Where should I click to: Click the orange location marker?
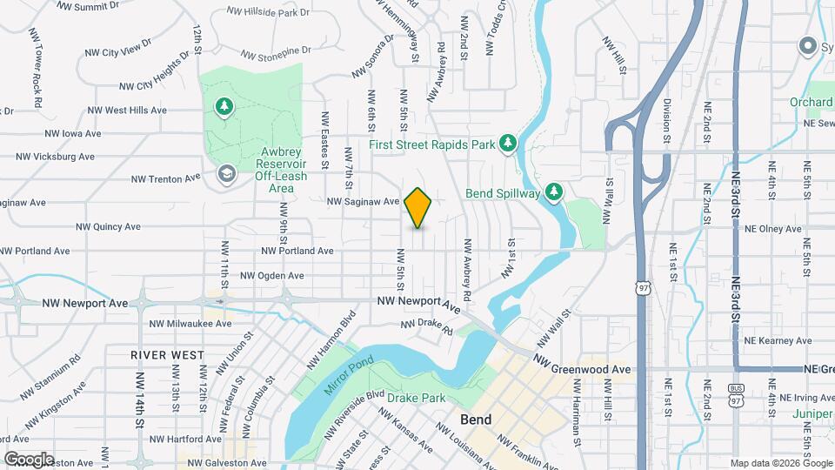pyautogui.click(x=418, y=208)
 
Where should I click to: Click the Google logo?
pyautogui.click(x=29, y=459)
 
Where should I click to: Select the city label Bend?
pyautogui.click(x=476, y=420)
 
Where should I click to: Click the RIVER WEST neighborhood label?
pyautogui.click(x=168, y=355)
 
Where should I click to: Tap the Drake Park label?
pyautogui.click(x=416, y=399)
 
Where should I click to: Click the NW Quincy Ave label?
pyautogui.click(x=108, y=227)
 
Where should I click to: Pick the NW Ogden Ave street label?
pyautogui.click(x=272, y=276)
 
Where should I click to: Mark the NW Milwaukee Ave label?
pyautogui.click(x=190, y=323)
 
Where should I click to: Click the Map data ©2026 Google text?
pyautogui.click(x=780, y=462)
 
